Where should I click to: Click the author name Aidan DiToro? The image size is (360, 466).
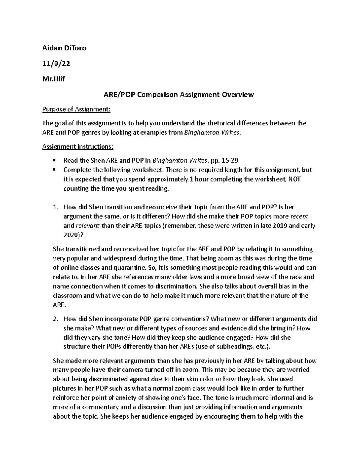(64, 48)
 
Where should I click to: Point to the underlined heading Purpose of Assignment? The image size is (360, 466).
(76, 109)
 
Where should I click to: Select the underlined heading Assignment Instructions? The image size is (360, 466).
(78, 146)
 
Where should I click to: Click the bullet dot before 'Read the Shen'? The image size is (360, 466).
(54, 161)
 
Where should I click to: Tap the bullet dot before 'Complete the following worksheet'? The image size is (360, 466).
(54, 170)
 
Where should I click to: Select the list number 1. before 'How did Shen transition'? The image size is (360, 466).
(55, 207)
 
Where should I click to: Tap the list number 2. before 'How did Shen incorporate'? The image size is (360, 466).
(55, 319)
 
